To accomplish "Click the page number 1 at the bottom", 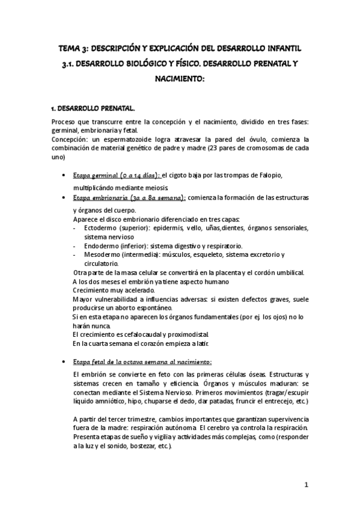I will (306, 485).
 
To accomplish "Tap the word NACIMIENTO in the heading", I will (180, 78).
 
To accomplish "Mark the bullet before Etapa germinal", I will (64, 176).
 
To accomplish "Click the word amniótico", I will (94, 401).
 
